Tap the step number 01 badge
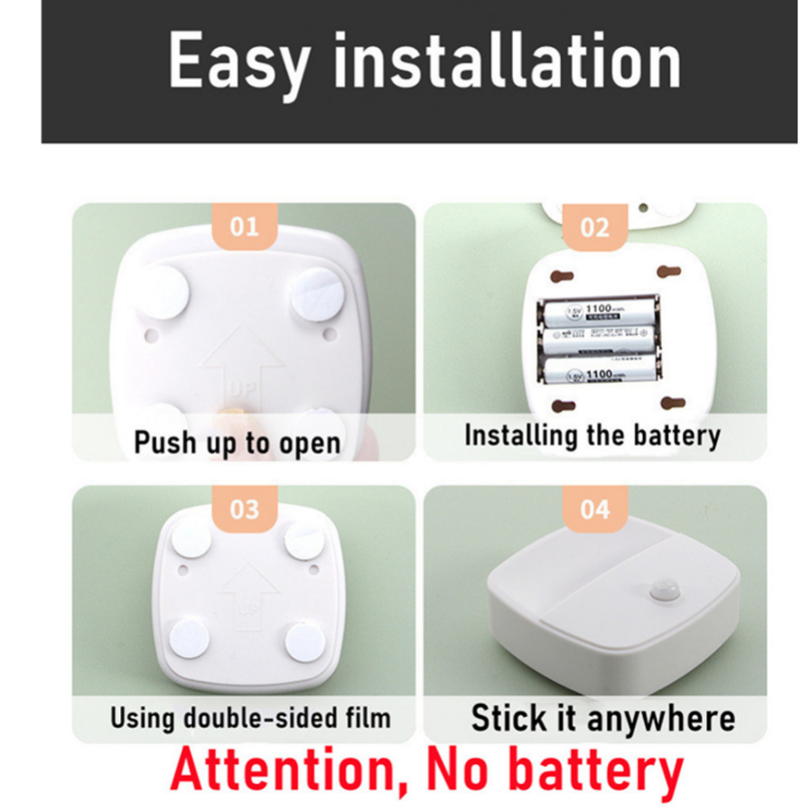coord(244,226)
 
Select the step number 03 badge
coord(244,509)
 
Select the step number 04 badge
coord(594,509)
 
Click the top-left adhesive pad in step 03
coord(191,540)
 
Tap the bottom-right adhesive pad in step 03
coord(304,639)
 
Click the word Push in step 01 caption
coord(163,443)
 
